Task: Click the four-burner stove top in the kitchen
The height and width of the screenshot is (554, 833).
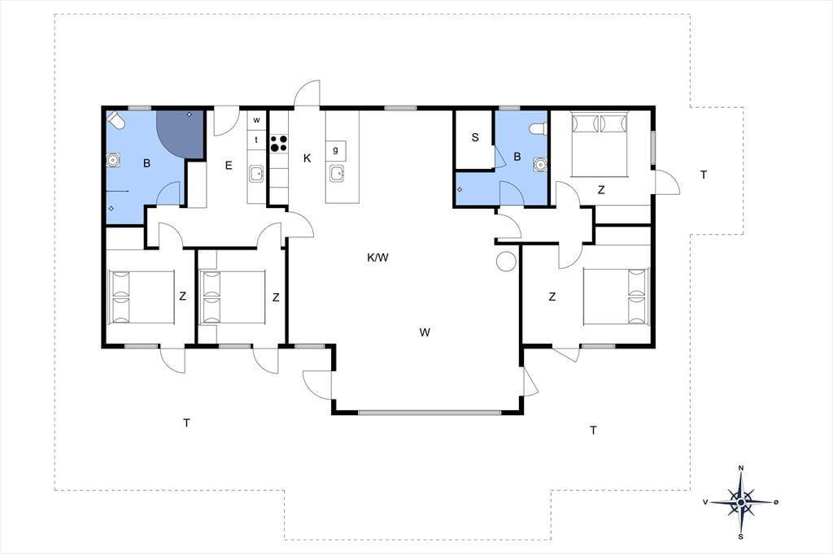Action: (x=279, y=143)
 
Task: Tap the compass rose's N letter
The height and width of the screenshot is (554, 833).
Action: (x=741, y=468)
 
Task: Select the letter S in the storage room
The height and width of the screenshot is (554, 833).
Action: (x=475, y=137)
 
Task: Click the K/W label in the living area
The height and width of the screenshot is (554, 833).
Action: (x=377, y=258)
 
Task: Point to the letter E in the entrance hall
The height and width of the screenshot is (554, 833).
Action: (x=229, y=166)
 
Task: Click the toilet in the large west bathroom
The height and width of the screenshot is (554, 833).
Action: (x=116, y=119)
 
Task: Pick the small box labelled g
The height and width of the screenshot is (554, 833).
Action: (x=336, y=150)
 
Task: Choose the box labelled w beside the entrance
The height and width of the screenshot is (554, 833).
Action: (x=256, y=120)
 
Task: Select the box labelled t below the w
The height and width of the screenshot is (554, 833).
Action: (x=256, y=140)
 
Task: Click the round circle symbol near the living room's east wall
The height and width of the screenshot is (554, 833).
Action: (x=506, y=261)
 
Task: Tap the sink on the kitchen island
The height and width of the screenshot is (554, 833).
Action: (x=337, y=173)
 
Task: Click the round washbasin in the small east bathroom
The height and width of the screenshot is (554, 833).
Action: (x=540, y=165)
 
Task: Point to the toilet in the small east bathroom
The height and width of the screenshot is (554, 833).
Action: (x=538, y=129)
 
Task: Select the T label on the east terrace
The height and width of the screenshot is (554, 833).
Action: (x=704, y=175)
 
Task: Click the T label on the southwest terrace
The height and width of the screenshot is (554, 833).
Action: (x=186, y=423)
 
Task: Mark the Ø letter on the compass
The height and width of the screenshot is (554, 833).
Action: (x=776, y=501)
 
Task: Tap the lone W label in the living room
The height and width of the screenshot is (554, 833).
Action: (x=425, y=333)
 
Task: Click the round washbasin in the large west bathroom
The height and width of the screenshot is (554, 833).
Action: (x=113, y=160)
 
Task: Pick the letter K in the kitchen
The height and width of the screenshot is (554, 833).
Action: (x=307, y=158)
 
